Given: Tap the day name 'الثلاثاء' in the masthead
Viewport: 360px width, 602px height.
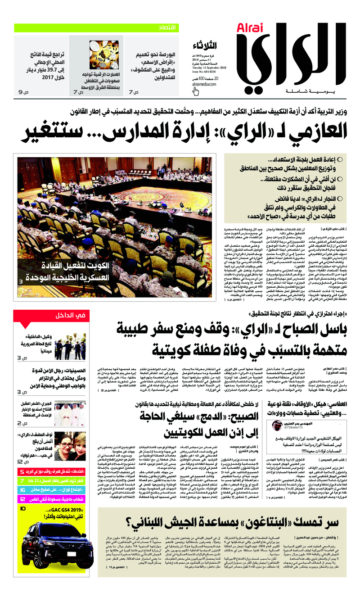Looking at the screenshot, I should click(207, 46).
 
